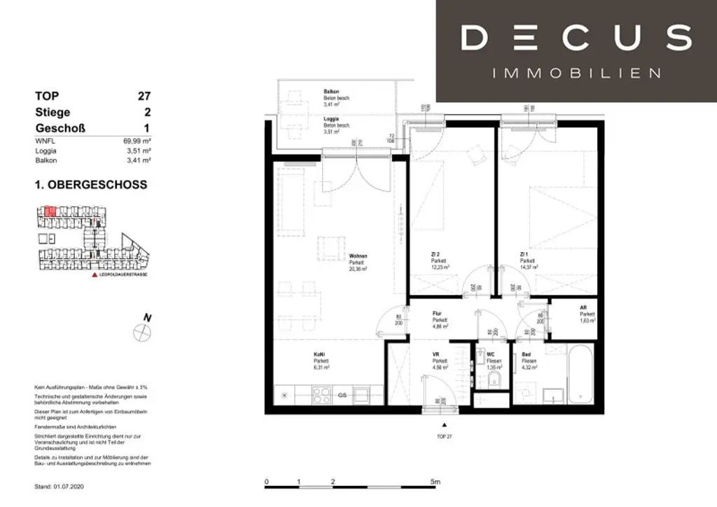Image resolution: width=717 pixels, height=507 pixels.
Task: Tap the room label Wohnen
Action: [358, 256]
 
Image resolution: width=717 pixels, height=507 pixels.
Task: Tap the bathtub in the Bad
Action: [580, 376]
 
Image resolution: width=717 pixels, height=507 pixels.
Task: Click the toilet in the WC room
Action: [495, 379]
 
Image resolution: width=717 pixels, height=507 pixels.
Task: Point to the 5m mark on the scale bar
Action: [435, 482]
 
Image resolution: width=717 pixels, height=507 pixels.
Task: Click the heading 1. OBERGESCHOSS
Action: [91, 185]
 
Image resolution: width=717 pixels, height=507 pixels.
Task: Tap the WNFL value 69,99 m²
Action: [137, 141]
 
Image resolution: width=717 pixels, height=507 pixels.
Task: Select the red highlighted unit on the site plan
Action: [50, 211]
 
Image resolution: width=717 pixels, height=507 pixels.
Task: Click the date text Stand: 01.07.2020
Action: [62, 485]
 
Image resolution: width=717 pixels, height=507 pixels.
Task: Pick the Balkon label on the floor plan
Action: [331, 92]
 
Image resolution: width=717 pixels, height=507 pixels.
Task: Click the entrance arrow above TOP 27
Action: [442, 424]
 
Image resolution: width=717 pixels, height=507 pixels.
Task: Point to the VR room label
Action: [436, 355]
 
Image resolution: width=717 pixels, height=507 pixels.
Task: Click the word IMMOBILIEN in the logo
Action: [576, 73]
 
